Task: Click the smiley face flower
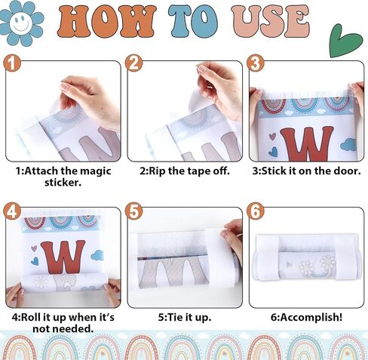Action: pyautogui.click(x=21, y=23)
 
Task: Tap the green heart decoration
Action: pyautogui.click(x=345, y=42)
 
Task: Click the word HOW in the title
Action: pyautogui.click(x=106, y=22)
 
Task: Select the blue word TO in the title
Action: pyautogui.click(x=193, y=22)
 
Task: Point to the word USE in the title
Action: pyautogui.click(x=271, y=22)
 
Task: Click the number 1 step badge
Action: pyautogui.click(x=12, y=63)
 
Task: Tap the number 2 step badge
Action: pyautogui.click(x=133, y=63)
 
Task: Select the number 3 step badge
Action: pyautogui.click(x=256, y=63)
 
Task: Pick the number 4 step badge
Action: pyautogui.click(x=12, y=211)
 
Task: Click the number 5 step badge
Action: pyautogui.click(x=133, y=211)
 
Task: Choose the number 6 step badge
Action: pyautogui.click(x=256, y=211)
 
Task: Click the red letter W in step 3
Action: pyautogui.click(x=307, y=144)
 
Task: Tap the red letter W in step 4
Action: pyautogui.click(x=63, y=257)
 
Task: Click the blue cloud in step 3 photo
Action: pyautogui.click(x=348, y=144)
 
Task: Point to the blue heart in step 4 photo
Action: pyautogui.click(x=35, y=261)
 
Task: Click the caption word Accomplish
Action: pyautogui.click(x=309, y=318)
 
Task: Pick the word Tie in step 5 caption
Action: pyautogui.click(x=175, y=317)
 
